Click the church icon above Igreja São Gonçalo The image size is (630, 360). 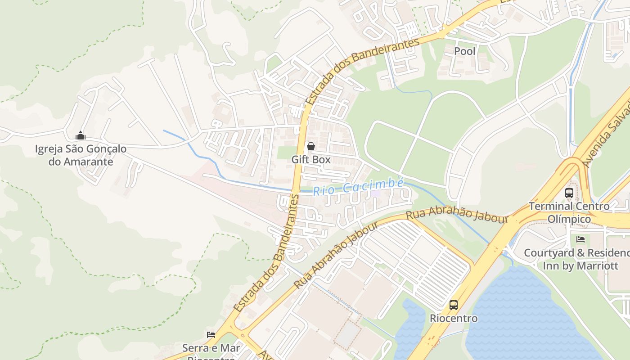[x=81, y=135]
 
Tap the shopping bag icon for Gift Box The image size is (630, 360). [x=310, y=146]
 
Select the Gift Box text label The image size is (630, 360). [x=310, y=159]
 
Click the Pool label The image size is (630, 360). [x=464, y=51]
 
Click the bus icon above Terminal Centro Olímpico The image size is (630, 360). [x=569, y=193]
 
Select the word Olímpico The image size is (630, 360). [x=569, y=219]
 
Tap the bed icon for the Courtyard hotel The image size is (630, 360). [x=580, y=239]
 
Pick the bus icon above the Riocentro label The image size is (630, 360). [x=454, y=305]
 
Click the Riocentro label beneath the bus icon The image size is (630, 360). [x=454, y=318]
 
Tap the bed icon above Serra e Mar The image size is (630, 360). [x=211, y=334]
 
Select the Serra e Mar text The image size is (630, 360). [x=211, y=348]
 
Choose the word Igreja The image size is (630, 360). [x=49, y=149]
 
